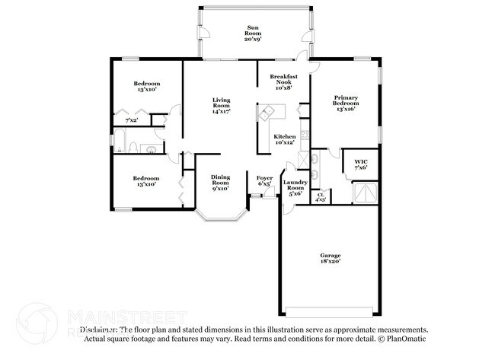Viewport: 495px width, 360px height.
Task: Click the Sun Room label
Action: point(252,33)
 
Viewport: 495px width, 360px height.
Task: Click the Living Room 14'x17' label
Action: point(222,106)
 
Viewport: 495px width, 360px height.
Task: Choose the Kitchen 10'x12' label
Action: point(284,139)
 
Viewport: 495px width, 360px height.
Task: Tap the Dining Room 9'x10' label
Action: point(220,183)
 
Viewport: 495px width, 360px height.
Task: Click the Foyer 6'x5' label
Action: point(265,180)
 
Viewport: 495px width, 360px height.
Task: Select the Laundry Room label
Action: point(295,187)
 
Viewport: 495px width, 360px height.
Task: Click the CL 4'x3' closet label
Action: point(321,196)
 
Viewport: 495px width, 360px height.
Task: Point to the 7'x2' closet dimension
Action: point(132,120)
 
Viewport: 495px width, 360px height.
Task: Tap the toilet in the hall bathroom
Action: point(134,147)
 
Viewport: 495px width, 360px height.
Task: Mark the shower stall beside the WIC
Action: point(366,192)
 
